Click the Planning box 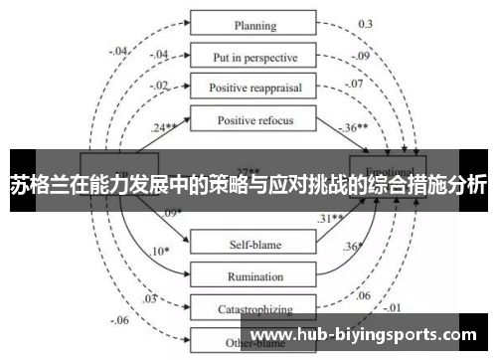254,25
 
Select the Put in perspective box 254,56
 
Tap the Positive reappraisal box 254,88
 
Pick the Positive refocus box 254,120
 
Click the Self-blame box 254,242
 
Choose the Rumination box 254,275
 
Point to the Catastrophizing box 254,309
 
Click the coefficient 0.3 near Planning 365,23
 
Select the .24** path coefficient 165,128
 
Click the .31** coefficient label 330,219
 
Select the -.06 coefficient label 119,320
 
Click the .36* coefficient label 353,247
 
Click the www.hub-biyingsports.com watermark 366,334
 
